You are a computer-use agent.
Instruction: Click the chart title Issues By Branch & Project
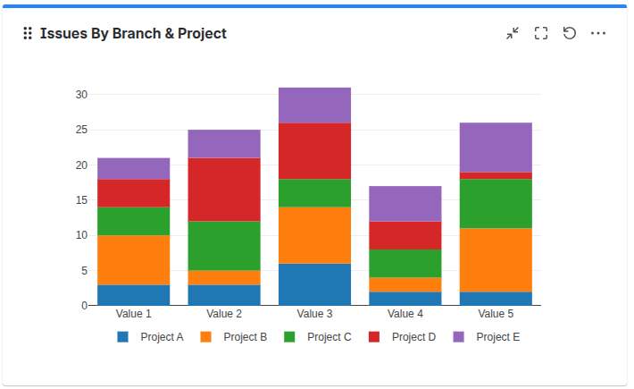(x=133, y=34)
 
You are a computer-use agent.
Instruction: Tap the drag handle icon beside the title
(x=28, y=34)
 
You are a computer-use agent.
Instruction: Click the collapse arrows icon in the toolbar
(x=513, y=33)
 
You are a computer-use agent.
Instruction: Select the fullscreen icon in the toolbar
(x=541, y=33)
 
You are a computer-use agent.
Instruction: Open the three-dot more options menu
(x=598, y=33)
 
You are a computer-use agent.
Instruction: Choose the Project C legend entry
(x=318, y=337)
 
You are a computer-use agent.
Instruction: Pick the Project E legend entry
(x=487, y=337)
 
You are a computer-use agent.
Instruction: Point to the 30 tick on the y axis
(x=81, y=95)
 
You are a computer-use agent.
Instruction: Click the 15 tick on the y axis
(x=81, y=200)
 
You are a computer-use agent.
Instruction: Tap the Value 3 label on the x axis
(x=314, y=314)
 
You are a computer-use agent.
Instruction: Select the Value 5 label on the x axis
(x=496, y=314)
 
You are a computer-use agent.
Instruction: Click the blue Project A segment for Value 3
(x=314, y=284)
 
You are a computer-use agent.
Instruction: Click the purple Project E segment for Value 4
(x=405, y=203)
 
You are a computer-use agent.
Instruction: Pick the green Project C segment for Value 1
(x=134, y=221)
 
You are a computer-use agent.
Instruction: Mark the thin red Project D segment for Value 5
(x=496, y=175)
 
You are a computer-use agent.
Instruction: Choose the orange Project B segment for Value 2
(x=224, y=277)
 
